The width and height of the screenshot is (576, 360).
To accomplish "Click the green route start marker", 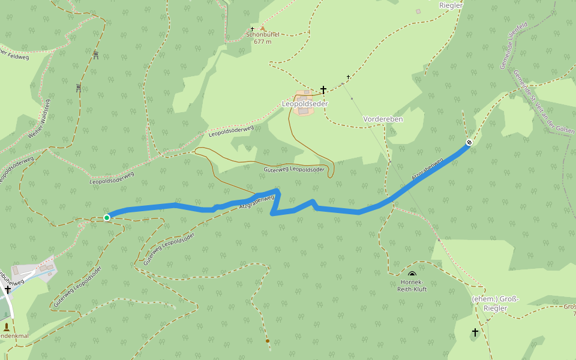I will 107,217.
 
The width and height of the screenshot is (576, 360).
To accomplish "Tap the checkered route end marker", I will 469,143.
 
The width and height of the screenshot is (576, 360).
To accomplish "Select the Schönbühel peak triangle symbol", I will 262,28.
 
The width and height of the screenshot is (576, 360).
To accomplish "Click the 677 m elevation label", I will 263,42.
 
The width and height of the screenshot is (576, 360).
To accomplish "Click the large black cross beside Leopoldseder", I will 323,90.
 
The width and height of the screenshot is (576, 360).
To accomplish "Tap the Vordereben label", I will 383,119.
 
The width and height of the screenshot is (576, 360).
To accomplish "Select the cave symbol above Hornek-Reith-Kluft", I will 412,274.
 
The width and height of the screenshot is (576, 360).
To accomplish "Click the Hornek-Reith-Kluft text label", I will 412,285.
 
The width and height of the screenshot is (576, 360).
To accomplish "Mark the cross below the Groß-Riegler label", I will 475,332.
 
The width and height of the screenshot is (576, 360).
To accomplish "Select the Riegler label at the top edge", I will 451,5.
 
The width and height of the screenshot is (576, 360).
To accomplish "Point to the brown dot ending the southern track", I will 267,341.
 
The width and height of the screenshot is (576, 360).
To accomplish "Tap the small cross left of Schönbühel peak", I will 253,28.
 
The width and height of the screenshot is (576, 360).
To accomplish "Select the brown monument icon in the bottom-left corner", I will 7,327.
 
